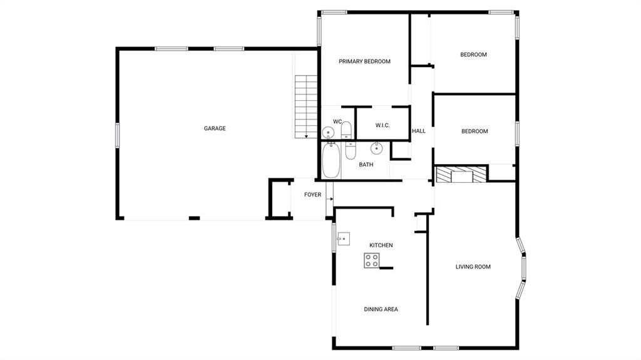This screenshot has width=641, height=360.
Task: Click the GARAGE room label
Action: pyautogui.click(x=215, y=128)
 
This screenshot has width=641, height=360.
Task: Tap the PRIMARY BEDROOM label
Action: pyautogui.click(x=364, y=61)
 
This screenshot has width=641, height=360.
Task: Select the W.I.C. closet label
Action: pyautogui.click(x=382, y=125)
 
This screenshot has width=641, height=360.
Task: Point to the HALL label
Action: pyautogui.click(x=419, y=131)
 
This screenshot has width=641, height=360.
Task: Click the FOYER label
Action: pyautogui.click(x=313, y=195)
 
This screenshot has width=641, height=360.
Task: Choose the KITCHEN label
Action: pyautogui.click(x=381, y=245)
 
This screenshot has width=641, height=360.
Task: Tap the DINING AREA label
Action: pyautogui.click(x=381, y=309)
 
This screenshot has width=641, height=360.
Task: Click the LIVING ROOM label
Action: pyautogui.click(x=473, y=267)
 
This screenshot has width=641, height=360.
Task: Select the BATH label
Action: pyautogui.click(x=366, y=165)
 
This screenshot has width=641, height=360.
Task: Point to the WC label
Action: pyautogui.click(x=337, y=121)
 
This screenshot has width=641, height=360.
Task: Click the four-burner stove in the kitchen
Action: pyautogui.click(x=372, y=260)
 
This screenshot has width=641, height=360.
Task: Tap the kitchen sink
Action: pyautogui.click(x=344, y=239)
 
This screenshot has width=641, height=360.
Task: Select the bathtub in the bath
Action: pyautogui.click(x=331, y=160)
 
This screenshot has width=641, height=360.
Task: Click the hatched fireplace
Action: pyautogui.click(x=462, y=174)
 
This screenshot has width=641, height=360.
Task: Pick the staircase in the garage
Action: pyautogui.click(x=306, y=106)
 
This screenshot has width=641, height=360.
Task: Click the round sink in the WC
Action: pyautogui.click(x=328, y=133)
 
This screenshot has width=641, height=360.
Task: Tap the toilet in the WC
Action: pyautogui.click(x=346, y=130)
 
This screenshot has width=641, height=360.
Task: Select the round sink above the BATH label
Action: pyautogui.click(x=376, y=148)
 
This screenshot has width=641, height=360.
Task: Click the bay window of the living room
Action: pyautogui.click(x=521, y=268)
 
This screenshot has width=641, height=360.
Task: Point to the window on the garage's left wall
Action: pyautogui.click(x=117, y=135)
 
